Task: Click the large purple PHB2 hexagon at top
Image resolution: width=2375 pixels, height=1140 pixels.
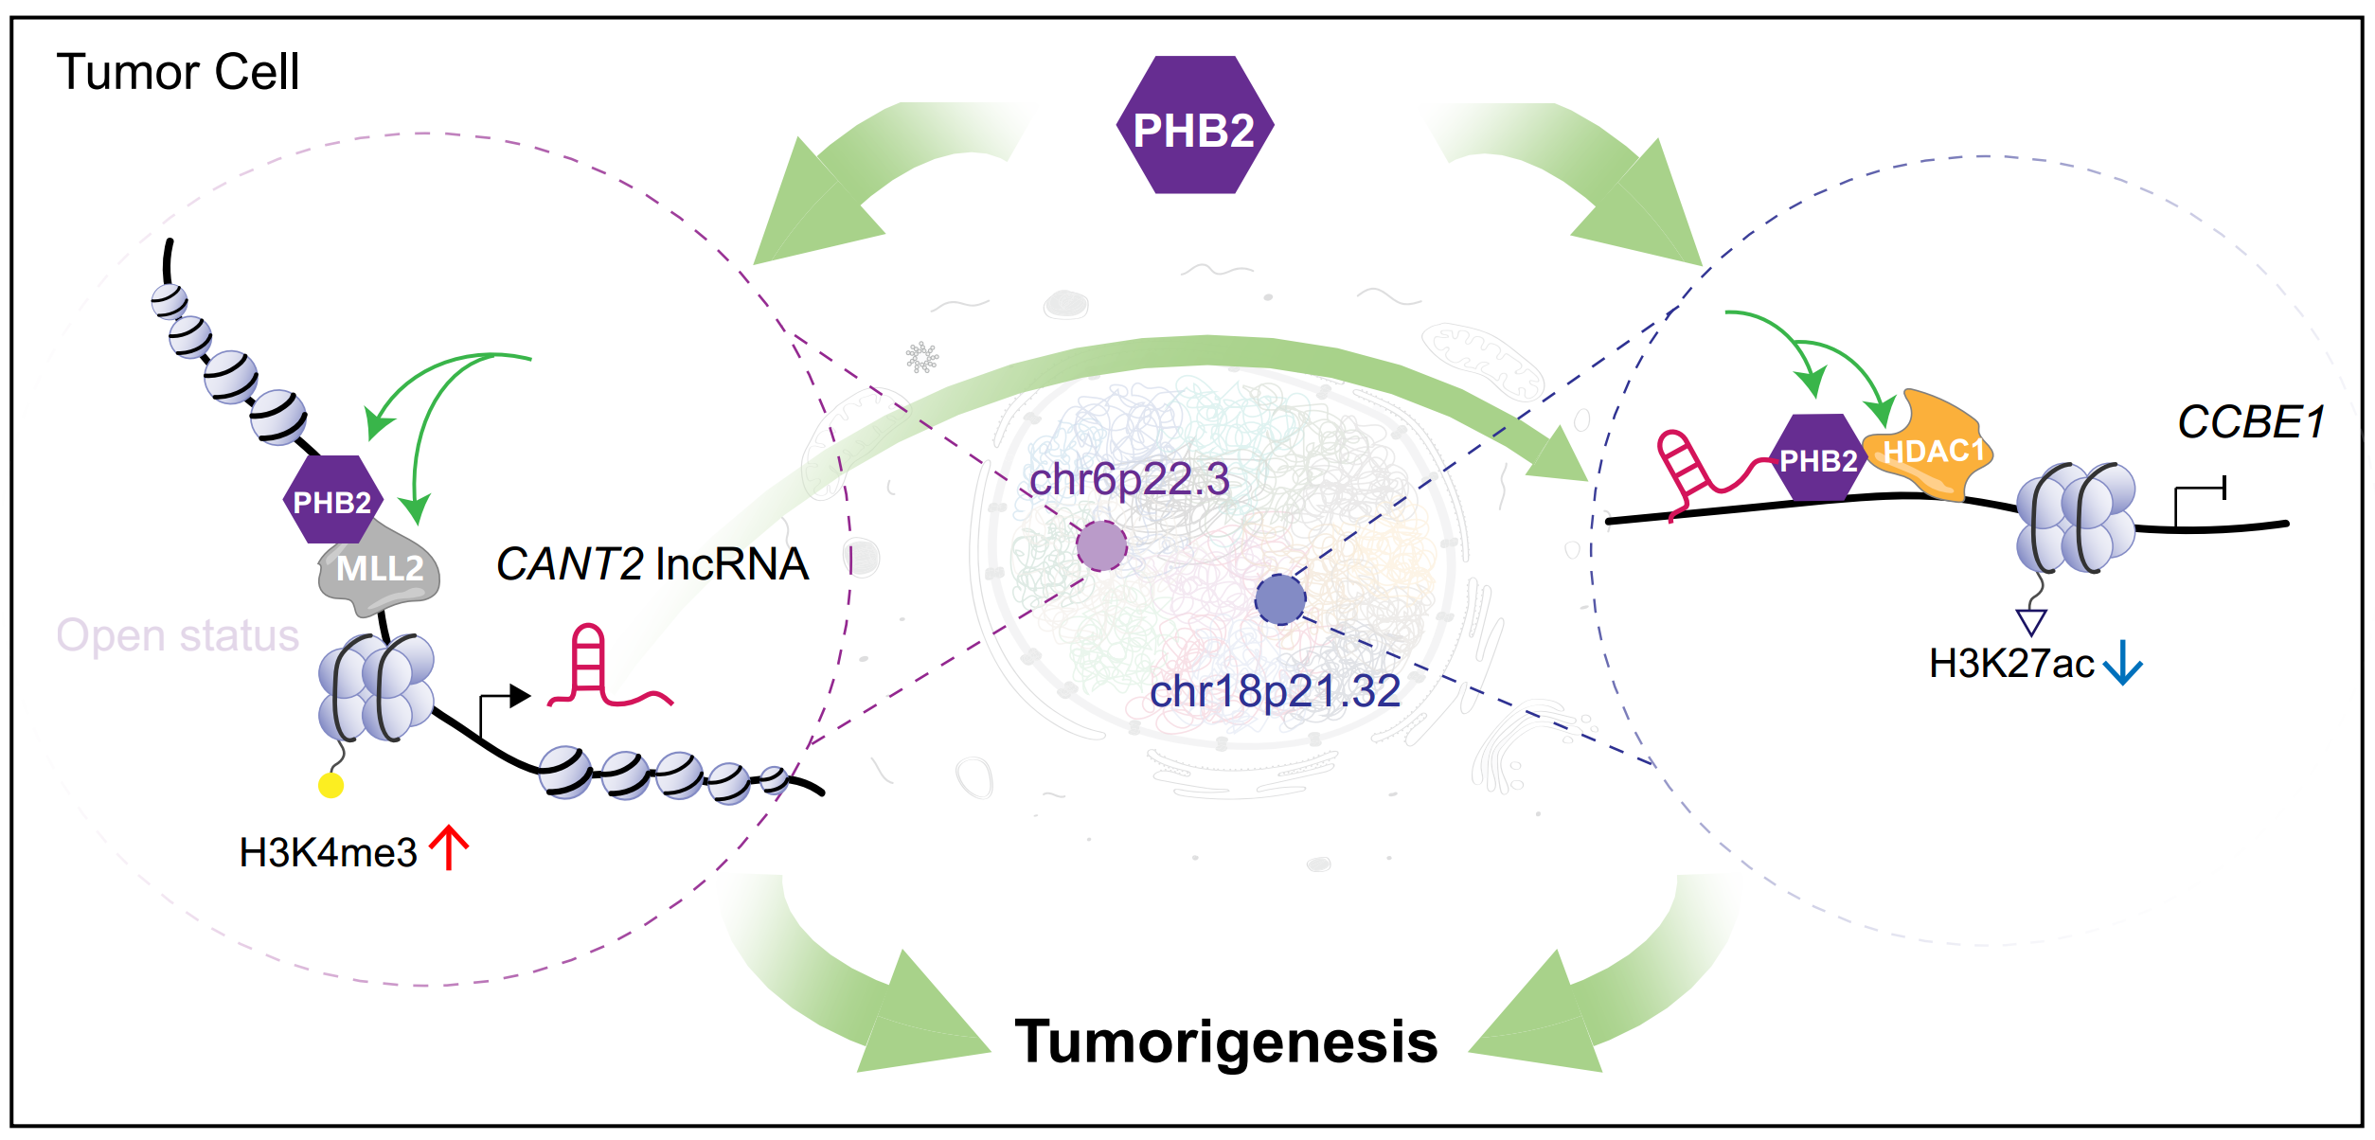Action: click(x=1195, y=125)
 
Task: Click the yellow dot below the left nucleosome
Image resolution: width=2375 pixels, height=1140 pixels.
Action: click(x=330, y=785)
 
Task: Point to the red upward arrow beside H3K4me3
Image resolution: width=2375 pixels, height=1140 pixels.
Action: click(x=449, y=847)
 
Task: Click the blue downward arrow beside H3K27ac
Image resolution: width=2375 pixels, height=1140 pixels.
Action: click(x=2122, y=662)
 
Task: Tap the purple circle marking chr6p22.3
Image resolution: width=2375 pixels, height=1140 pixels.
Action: click(x=1101, y=545)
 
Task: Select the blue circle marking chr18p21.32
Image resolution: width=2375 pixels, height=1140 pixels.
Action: click(x=1280, y=599)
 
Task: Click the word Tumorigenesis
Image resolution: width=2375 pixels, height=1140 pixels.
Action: click(x=1226, y=1042)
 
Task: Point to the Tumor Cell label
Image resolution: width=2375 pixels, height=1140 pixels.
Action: click(x=178, y=72)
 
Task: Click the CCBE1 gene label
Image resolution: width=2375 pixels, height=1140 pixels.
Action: click(x=2251, y=422)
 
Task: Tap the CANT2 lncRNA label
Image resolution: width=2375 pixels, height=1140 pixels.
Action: click(x=652, y=564)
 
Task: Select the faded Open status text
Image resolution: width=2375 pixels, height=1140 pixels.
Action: click(x=178, y=635)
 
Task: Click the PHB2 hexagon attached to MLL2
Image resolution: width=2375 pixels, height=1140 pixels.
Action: click(x=332, y=500)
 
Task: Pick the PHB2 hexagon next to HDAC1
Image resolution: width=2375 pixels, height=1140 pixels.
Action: click(x=1818, y=458)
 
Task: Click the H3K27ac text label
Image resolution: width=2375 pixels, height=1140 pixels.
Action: click(x=2011, y=664)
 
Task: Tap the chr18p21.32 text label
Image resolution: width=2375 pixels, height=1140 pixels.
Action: click(x=1275, y=691)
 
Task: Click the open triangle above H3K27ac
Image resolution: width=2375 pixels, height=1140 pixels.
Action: click(x=2032, y=622)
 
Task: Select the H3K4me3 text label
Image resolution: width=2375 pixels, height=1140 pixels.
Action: click(x=328, y=853)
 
